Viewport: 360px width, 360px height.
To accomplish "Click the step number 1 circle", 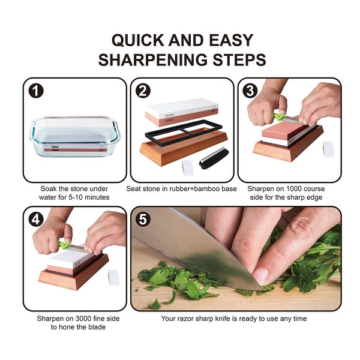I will [x=36, y=92].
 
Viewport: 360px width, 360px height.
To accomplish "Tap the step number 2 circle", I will [x=143, y=91].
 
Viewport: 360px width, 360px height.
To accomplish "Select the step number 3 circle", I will [x=251, y=91].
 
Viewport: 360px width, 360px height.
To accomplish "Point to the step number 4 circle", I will [x=36, y=220].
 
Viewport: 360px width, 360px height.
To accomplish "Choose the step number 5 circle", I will [x=143, y=220].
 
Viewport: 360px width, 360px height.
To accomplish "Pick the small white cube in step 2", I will [x=188, y=167].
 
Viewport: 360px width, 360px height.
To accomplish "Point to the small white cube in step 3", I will [x=328, y=149].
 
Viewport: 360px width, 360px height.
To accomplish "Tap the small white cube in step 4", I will [x=113, y=277].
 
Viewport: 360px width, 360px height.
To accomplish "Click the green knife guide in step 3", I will [x=279, y=116].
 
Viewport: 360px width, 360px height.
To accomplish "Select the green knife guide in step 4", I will [x=64, y=244].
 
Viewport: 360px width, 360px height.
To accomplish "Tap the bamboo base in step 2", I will [x=180, y=147].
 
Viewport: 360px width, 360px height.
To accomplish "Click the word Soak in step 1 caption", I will [x=50, y=188].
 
